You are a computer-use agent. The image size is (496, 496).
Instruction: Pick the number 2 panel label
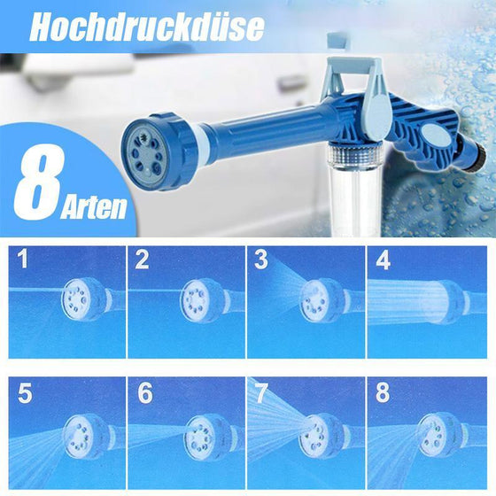pyautogui.click(x=142, y=260)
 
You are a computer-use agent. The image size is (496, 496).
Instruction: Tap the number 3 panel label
pyautogui.click(x=261, y=260)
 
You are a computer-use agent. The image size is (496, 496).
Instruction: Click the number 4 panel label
pyautogui.click(x=382, y=260)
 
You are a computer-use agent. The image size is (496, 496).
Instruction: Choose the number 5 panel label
pyautogui.click(x=24, y=392)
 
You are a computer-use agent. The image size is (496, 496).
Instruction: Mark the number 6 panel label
pyautogui.click(x=144, y=393)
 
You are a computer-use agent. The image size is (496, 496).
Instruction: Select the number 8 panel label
pyautogui.click(x=382, y=392)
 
